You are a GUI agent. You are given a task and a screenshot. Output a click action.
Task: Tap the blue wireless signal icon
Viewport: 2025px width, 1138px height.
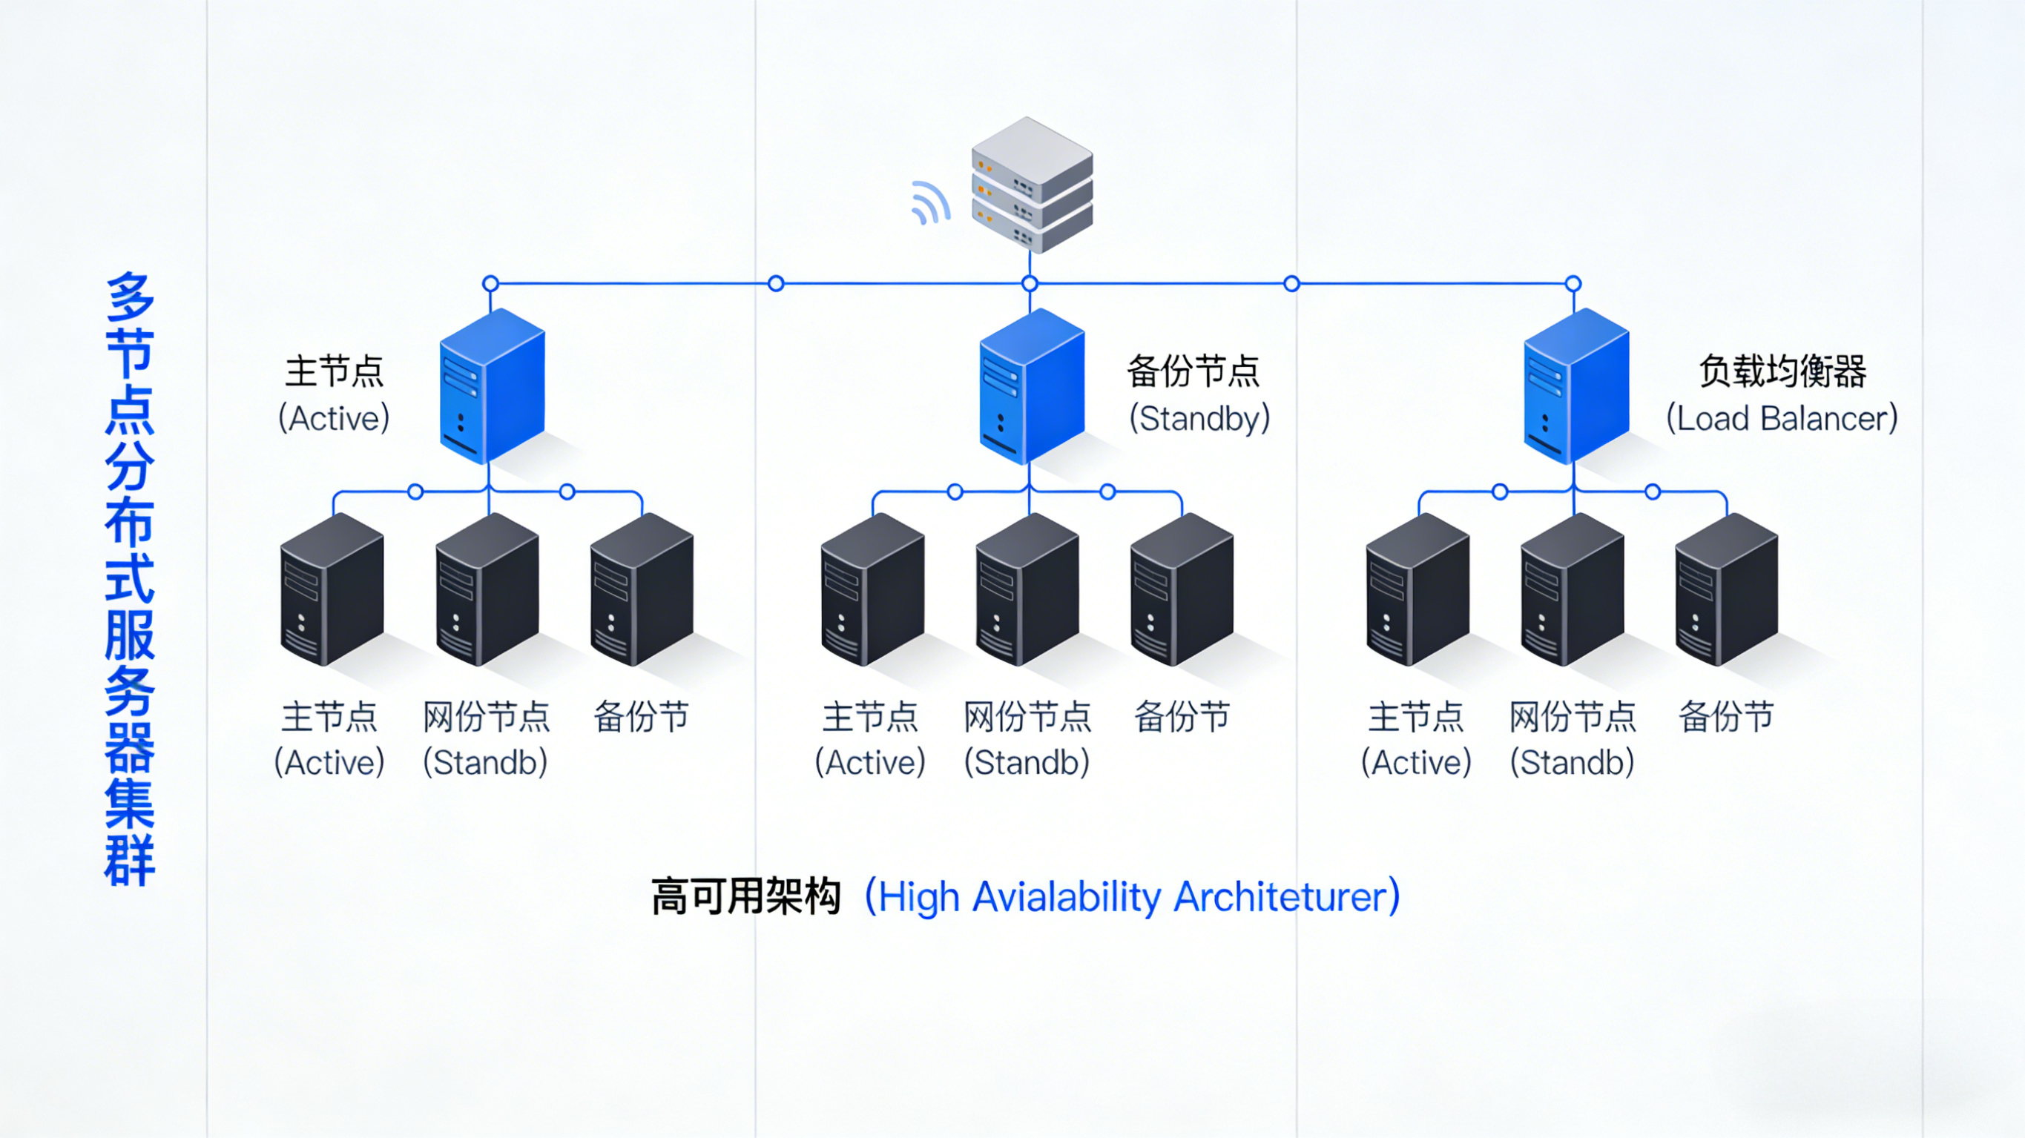tap(930, 203)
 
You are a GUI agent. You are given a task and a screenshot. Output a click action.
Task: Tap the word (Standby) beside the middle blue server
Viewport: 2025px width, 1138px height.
tap(1199, 418)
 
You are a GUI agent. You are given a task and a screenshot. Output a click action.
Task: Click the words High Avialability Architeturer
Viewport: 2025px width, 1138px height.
tap(1132, 897)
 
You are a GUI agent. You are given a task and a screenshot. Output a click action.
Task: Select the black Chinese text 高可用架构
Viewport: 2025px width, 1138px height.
tap(746, 897)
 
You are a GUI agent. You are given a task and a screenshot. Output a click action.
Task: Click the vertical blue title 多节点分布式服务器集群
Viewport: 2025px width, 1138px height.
tap(130, 579)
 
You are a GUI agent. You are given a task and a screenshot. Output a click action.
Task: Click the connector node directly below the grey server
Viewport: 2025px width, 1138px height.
tap(1030, 284)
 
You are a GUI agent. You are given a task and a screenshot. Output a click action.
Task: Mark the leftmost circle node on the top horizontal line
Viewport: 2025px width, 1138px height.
tap(490, 283)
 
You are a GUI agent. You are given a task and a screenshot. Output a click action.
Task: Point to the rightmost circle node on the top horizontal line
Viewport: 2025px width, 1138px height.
tap(1573, 284)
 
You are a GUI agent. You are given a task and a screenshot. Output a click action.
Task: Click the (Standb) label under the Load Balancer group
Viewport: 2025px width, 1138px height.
tap(1573, 762)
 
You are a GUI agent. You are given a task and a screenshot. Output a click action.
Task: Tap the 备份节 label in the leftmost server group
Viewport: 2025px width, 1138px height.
tap(641, 717)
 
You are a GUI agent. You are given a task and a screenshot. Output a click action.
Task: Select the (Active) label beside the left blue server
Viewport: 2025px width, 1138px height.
tap(334, 418)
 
